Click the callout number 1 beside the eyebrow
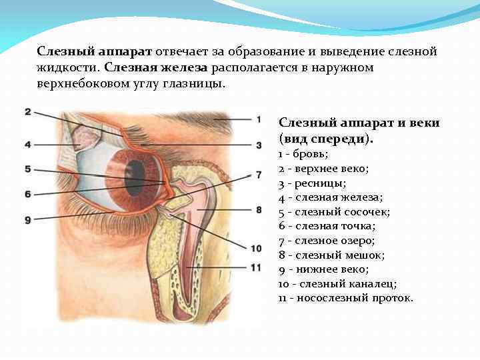(258, 119)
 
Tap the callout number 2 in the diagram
(27, 112)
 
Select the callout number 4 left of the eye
(27, 144)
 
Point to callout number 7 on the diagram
(258, 175)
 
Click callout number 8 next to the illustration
(258, 209)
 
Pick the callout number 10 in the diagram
(257, 248)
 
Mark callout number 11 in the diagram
(257, 267)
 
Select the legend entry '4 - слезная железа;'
(331, 197)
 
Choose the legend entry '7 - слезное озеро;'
(327, 240)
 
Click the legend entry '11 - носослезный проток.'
(345, 297)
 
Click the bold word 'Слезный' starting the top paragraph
(60, 51)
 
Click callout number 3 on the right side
(258, 144)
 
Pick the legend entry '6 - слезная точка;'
(327, 226)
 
